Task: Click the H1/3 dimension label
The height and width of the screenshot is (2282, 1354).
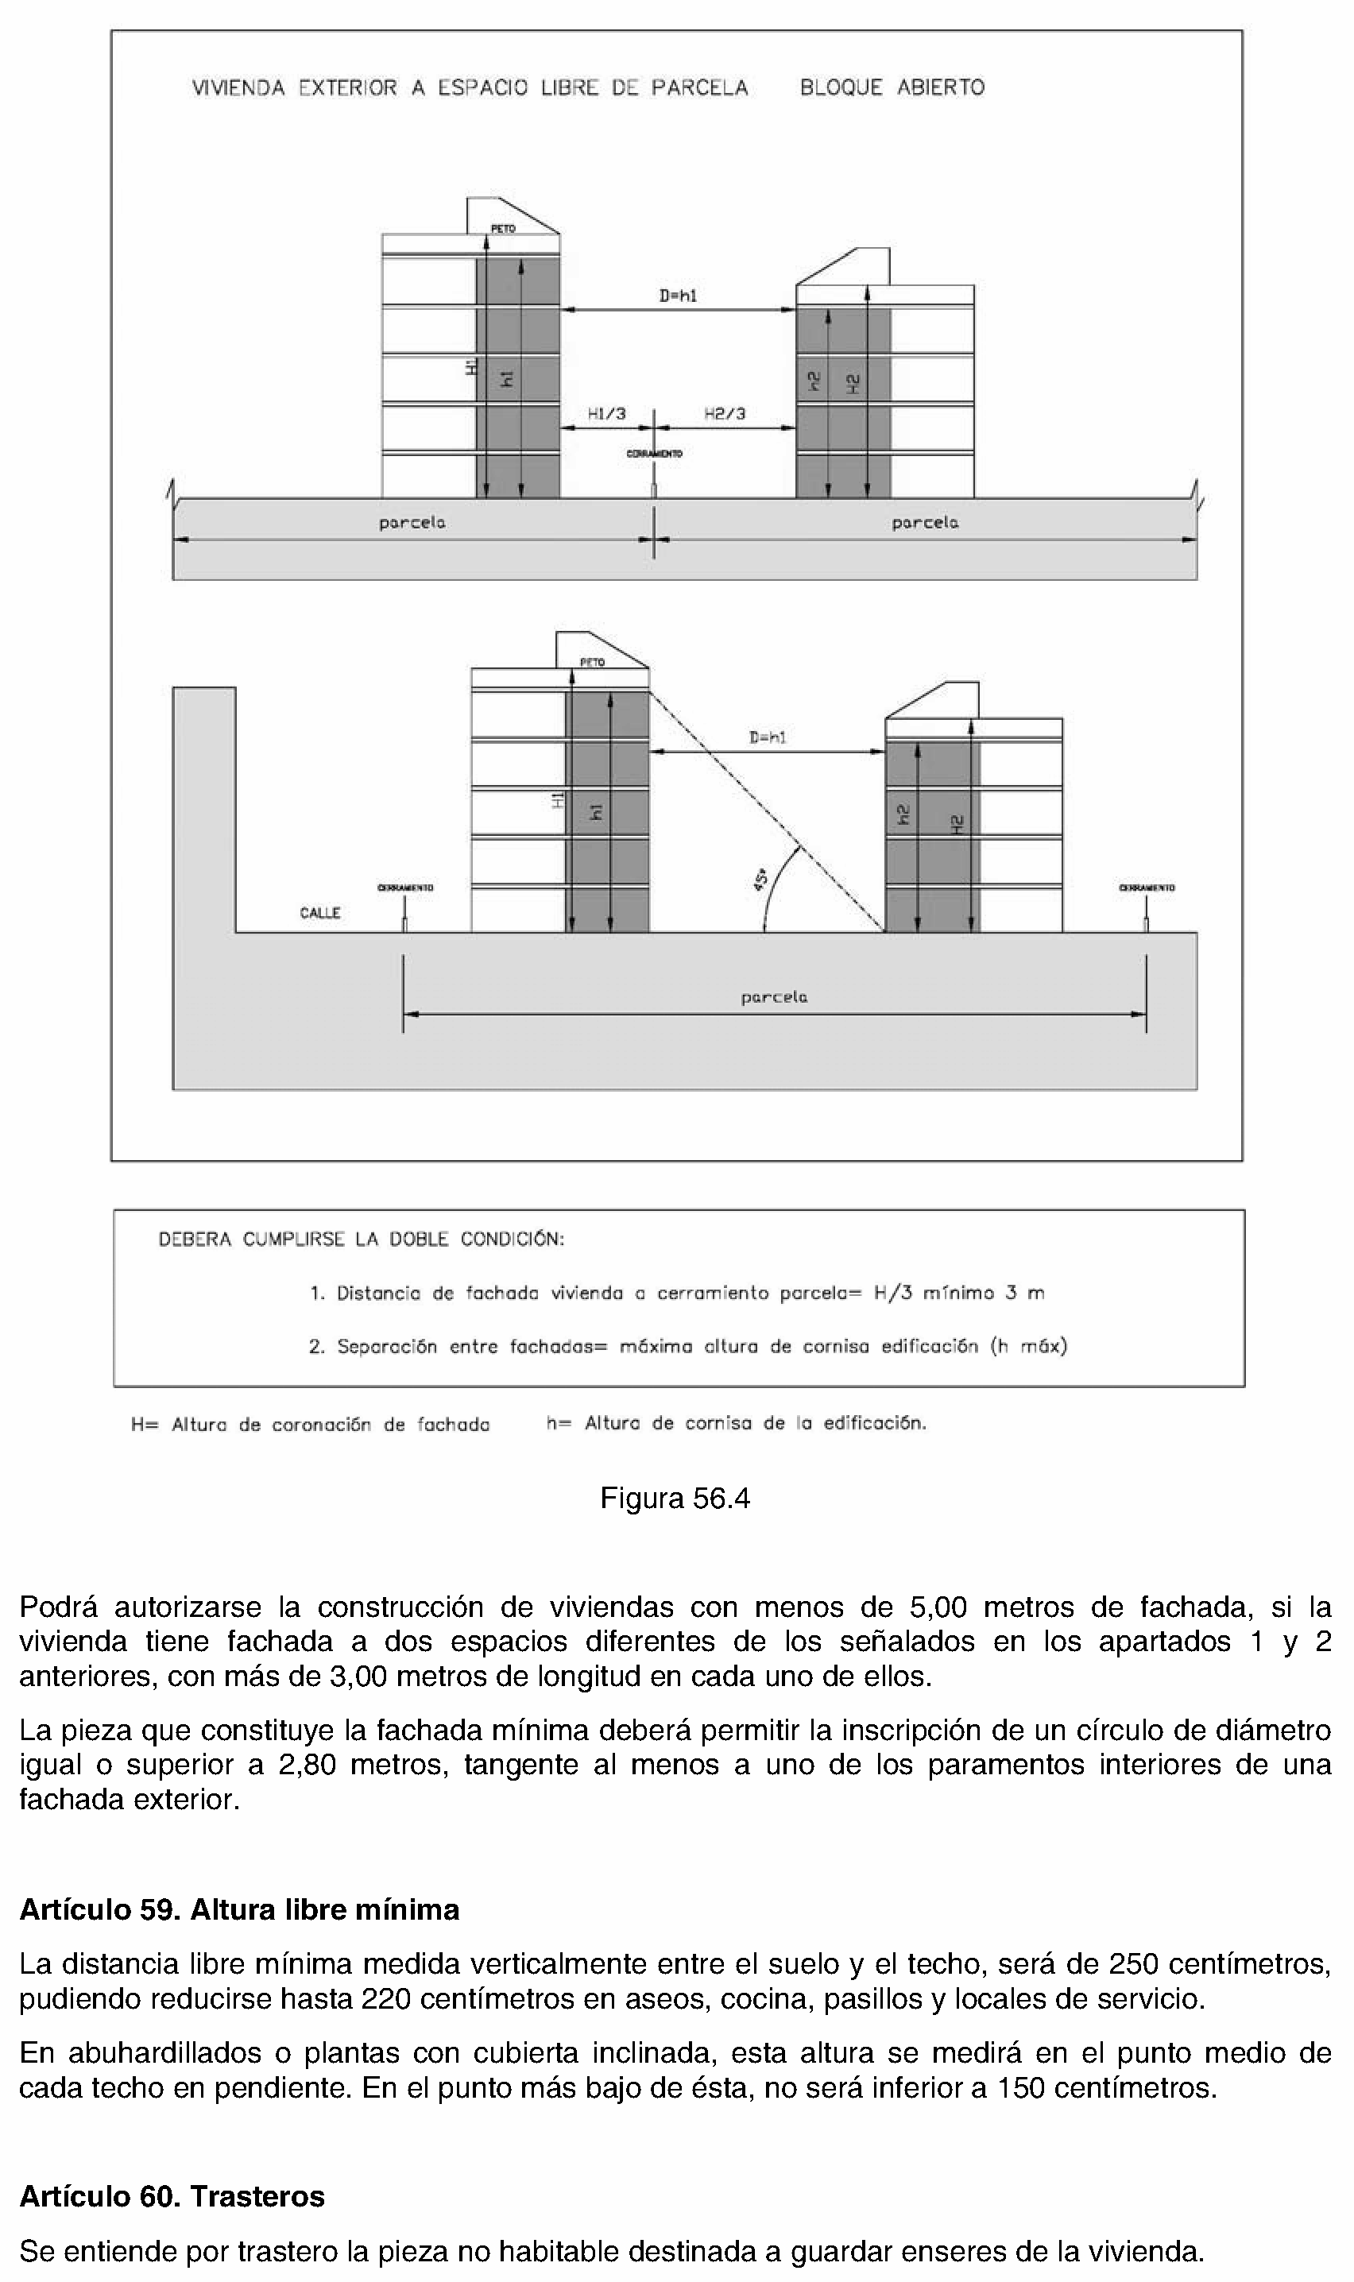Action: tap(607, 413)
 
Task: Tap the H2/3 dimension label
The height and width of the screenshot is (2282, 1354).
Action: tap(725, 413)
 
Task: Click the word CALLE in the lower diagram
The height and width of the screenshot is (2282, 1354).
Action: tap(319, 913)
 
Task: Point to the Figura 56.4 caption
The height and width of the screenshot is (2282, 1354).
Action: tap(675, 1499)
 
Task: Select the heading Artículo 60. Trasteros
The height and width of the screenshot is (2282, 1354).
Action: tap(172, 2195)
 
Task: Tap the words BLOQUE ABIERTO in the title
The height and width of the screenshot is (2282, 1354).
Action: tap(892, 87)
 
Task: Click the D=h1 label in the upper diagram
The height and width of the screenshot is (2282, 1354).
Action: tap(678, 296)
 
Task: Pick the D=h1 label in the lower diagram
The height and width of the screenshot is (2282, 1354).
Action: tap(768, 737)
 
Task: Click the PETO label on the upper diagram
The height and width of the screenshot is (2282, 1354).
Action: tap(503, 228)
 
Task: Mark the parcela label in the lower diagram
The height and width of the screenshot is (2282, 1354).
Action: tap(774, 997)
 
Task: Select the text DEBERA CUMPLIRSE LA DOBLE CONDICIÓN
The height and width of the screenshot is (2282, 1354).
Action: tap(362, 1239)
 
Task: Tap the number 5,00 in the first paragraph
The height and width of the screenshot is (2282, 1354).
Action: tap(937, 1606)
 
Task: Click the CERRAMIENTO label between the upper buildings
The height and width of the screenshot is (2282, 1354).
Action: tap(654, 453)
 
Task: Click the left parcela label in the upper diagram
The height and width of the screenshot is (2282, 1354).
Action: tap(412, 523)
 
